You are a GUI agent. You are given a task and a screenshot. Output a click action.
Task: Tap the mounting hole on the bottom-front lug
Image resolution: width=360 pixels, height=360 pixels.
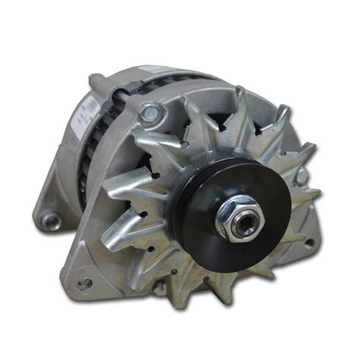85,284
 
